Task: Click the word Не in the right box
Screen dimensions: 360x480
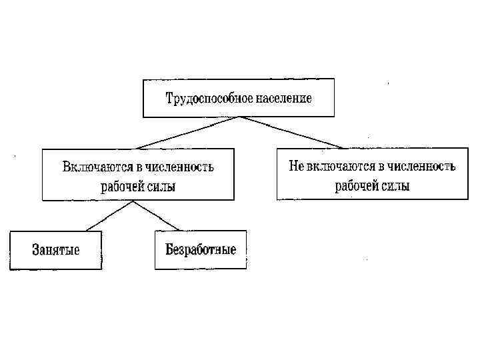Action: point(297,166)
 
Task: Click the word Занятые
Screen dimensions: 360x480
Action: point(55,250)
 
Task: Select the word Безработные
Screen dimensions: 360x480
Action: point(201,250)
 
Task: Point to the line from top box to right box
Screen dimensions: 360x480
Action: point(293,133)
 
